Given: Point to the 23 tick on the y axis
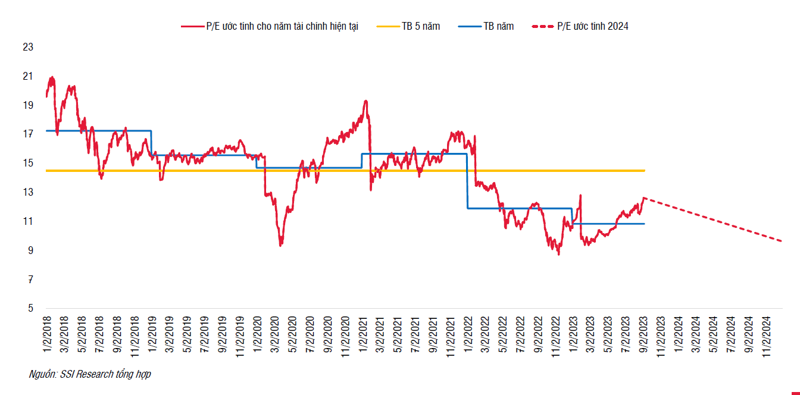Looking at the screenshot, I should (x=27, y=47).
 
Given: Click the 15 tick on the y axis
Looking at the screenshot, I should (x=27, y=163).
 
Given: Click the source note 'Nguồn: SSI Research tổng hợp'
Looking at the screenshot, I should (x=90, y=375).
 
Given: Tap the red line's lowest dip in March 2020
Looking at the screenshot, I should (x=280, y=245).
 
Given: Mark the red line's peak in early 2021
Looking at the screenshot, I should (x=365, y=101).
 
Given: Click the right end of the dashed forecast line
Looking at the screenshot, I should (x=781, y=241).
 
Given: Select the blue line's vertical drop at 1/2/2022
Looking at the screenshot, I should (x=467, y=181).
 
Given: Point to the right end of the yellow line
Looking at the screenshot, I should (x=645, y=171).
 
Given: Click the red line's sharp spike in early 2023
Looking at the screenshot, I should (x=580, y=195).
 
